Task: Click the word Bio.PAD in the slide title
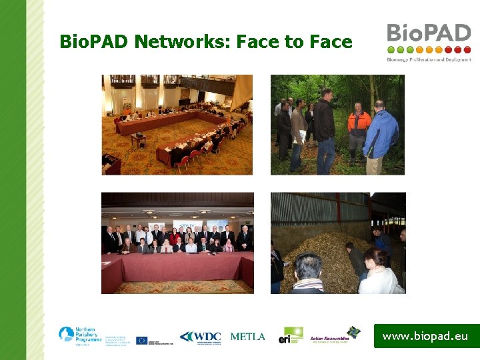[93, 42]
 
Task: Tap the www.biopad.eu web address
[425, 337]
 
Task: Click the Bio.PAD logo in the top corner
[429, 42]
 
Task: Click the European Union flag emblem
[141, 340]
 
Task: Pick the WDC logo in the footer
[200, 337]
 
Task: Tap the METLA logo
[247, 337]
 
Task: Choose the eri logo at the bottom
[291, 335]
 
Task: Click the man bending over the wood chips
[356, 260]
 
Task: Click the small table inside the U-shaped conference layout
[139, 139]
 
